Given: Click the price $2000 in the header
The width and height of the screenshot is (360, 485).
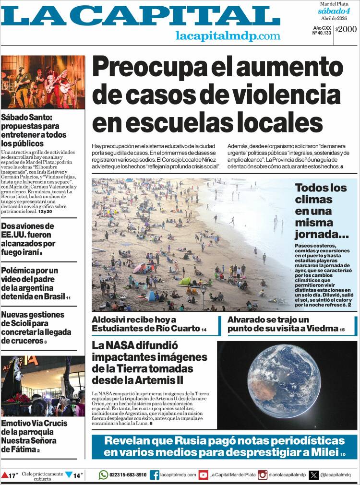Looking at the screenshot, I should click(x=346, y=29).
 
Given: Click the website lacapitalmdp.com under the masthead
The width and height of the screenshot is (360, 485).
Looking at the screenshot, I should click(x=228, y=35).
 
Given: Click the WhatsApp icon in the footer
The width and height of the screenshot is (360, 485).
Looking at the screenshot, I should click(x=103, y=474).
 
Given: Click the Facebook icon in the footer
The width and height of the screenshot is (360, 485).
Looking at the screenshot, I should click(x=154, y=474).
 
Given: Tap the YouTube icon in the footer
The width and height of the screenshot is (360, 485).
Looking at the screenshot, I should click(x=204, y=474).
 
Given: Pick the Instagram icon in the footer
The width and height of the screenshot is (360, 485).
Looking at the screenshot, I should click(x=263, y=474).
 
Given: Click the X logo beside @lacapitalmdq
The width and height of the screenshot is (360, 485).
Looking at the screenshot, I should click(x=314, y=474).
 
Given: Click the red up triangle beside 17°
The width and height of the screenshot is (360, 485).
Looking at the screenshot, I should click(x=5, y=475).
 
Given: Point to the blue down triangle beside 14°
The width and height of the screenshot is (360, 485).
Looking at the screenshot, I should click(x=69, y=475).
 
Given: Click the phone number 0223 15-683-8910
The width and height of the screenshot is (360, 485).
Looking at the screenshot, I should click(x=128, y=474).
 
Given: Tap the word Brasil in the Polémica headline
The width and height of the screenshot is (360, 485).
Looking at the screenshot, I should click(x=54, y=296).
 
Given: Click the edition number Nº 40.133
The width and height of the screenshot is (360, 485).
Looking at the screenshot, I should click(x=322, y=33).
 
